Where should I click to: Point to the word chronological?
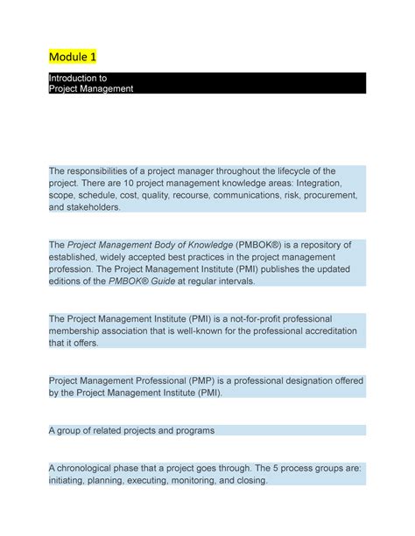(90, 467)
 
